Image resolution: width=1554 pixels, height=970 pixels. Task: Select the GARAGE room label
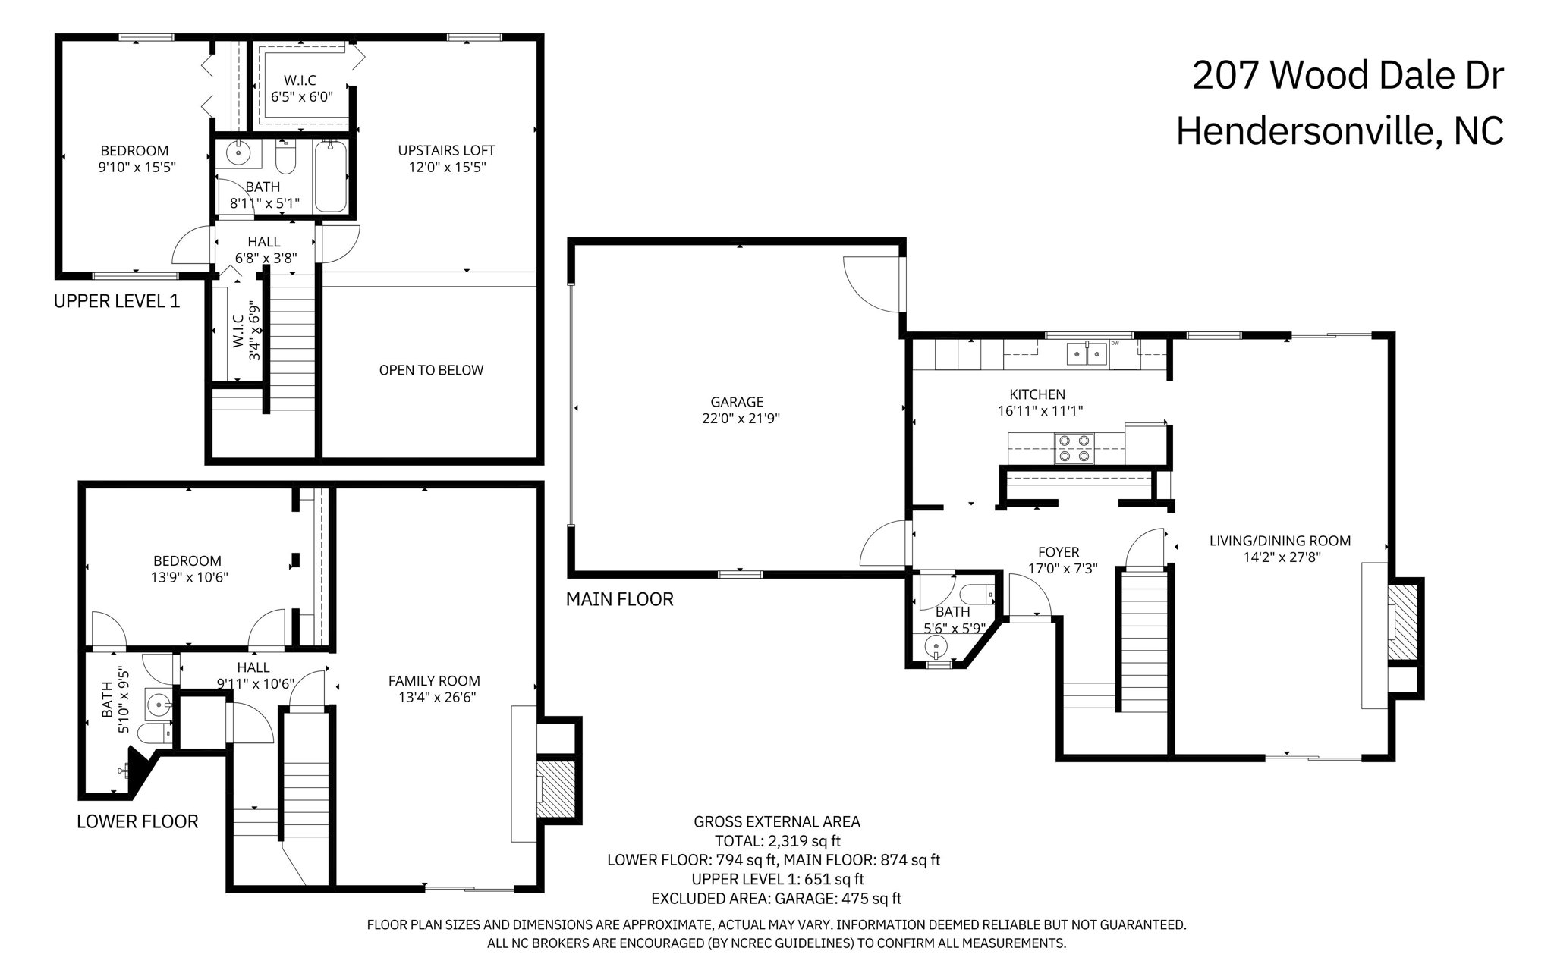pos(736,402)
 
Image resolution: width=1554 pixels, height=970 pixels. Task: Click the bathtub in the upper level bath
pos(331,177)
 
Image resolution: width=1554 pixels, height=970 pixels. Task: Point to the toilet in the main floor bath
pos(977,593)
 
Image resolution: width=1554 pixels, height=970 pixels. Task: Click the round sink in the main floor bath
pos(936,646)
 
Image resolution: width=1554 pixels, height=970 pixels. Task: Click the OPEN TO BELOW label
pos(431,370)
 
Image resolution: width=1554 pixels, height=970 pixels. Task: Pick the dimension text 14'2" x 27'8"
pos(1279,557)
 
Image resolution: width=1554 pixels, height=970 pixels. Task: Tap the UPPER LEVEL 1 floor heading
pos(117,301)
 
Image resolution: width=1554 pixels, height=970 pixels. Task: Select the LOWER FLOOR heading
pos(137,821)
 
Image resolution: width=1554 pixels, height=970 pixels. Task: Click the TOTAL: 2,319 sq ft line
pos(777,840)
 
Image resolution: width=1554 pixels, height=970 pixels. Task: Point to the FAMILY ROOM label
pos(434,681)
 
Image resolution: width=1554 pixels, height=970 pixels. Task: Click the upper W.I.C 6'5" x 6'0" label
pos(300,88)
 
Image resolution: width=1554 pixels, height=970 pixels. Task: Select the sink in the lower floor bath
pos(160,705)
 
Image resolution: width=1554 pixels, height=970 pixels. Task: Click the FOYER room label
pos(1058,552)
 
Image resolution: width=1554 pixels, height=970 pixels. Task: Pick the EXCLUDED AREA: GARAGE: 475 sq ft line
pos(776,899)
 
